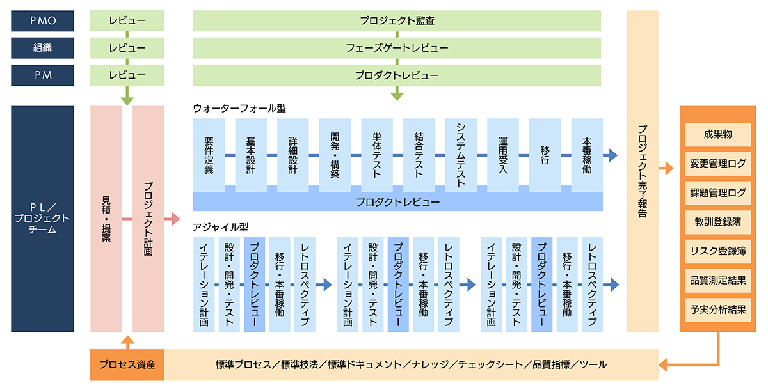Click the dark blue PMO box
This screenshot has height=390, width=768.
pyautogui.click(x=42, y=21)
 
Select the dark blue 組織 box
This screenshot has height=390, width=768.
pyautogui.click(x=42, y=48)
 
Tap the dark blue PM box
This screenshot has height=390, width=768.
pyautogui.click(x=42, y=75)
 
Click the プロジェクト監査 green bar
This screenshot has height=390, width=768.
pyautogui.click(x=397, y=21)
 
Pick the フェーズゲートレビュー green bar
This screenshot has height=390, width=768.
pyautogui.click(x=397, y=48)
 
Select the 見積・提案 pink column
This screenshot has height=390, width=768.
pyautogui.click(x=106, y=219)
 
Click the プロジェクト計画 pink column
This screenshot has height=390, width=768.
pyautogui.click(x=148, y=219)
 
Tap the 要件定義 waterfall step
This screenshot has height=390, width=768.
pyautogui.click(x=209, y=155)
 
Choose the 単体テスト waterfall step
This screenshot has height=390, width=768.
pyautogui.click(x=377, y=155)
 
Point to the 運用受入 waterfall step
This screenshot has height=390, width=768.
pyautogui.click(x=503, y=155)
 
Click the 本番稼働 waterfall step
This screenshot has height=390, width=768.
pyautogui.click(x=587, y=155)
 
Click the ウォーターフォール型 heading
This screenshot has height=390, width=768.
pyautogui.click(x=239, y=109)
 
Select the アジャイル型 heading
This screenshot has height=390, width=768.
pyautogui.click(x=220, y=228)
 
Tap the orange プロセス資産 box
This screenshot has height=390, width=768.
pyautogui.click(x=127, y=364)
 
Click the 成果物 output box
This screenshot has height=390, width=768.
pyautogui.click(x=718, y=134)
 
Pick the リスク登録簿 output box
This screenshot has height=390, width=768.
pyautogui.click(x=718, y=251)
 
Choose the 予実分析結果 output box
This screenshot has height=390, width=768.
pyautogui.click(x=718, y=310)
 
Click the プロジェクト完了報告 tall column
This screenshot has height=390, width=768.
pyautogui.click(x=643, y=171)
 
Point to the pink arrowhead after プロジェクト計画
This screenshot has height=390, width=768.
pyautogui.click(x=175, y=219)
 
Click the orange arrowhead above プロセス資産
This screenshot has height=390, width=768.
pyautogui.click(x=127, y=339)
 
